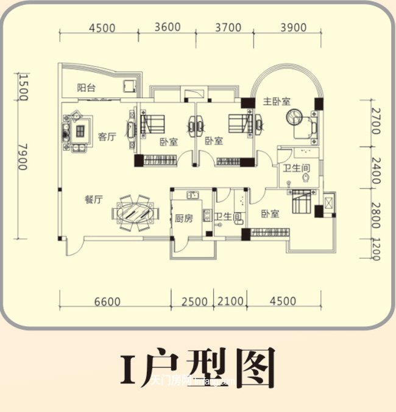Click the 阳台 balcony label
86,87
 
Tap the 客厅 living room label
107,137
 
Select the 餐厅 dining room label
93,200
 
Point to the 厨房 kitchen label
183,218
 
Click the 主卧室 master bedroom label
277,101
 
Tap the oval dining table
134,214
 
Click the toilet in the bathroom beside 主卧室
305,177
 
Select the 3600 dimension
168,27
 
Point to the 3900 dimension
293,27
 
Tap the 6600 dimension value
108,301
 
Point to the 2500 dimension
196,301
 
